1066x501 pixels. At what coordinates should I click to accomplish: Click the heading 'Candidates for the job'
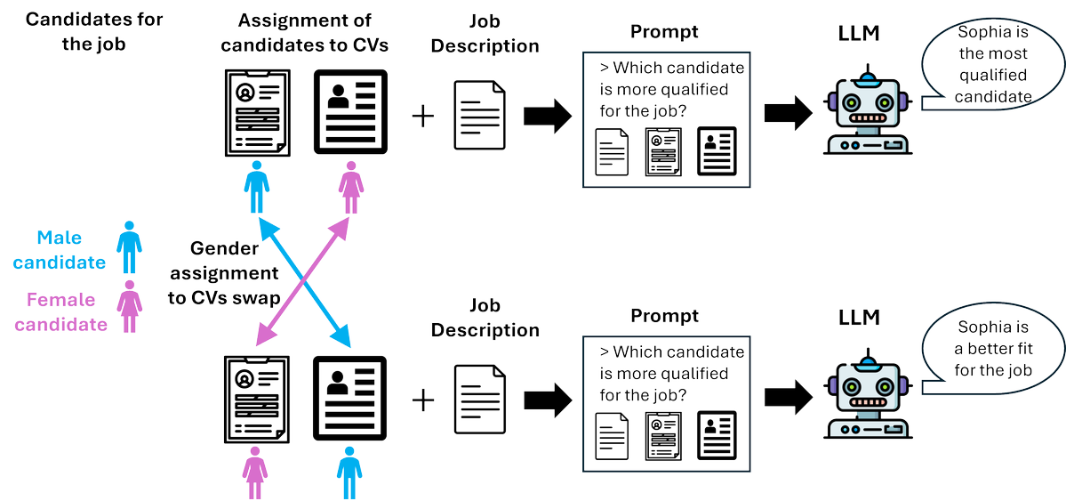pyautogui.click(x=94, y=32)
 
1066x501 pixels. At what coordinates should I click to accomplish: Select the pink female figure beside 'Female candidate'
pyautogui.click(x=129, y=306)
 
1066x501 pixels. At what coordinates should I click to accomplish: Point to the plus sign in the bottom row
pyautogui.click(x=423, y=400)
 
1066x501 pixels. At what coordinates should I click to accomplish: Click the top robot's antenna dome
pyautogui.click(x=867, y=80)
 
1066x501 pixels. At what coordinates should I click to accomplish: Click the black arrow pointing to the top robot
pyautogui.click(x=789, y=114)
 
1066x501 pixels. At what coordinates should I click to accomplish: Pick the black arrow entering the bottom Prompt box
pyautogui.click(x=548, y=400)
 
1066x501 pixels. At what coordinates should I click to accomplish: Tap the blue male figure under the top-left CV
pyautogui.click(x=256, y=186)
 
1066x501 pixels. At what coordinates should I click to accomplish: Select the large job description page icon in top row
pyautogui.click(x=479, y=115)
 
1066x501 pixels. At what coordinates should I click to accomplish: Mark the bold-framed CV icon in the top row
pyautogui.click(x=350, y=111)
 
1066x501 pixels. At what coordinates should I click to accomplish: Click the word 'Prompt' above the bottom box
pyautogui.click(x=664, y=316)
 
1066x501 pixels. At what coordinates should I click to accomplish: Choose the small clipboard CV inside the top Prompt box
pyautogui.click(x=664, y=152)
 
